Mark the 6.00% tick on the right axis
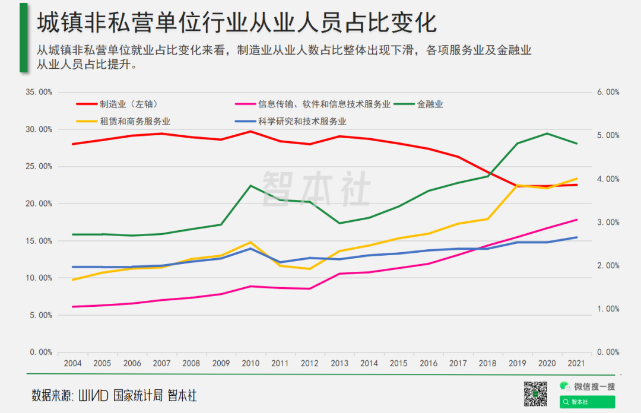608,93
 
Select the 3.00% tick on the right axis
608,223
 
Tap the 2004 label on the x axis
73,363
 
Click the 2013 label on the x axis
339,363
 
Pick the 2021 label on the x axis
576,363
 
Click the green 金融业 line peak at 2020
547,134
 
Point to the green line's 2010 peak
250,186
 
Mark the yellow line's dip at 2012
310,269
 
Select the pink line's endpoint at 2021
576,220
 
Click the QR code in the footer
535,394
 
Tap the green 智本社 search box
587,402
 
